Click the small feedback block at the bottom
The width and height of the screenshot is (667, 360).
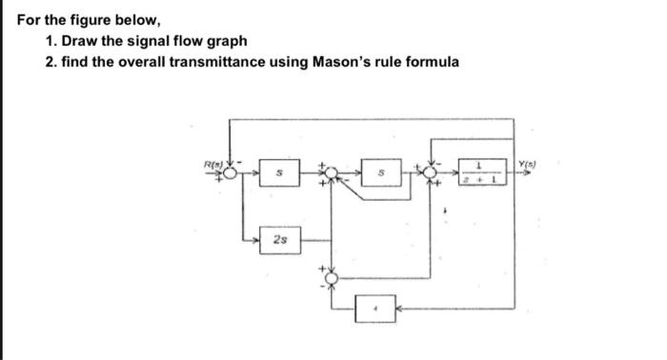(374, 310)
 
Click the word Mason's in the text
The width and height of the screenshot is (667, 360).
(350, 62)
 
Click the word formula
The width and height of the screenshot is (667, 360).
(433, 62)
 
